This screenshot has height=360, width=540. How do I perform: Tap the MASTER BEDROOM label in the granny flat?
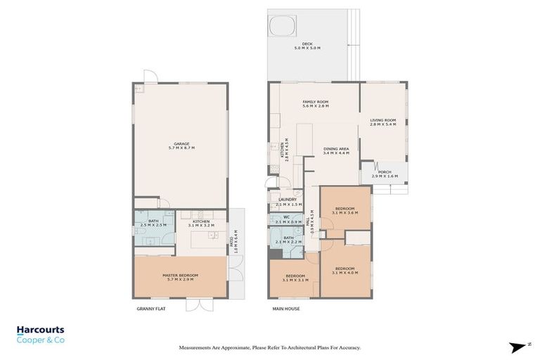[180, 277]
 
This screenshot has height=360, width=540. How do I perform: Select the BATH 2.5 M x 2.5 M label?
[152, 224]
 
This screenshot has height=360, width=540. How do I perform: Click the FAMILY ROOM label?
[316, 104]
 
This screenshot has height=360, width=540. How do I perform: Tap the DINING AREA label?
[336, 151]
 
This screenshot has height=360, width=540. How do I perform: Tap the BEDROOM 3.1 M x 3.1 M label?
[295, 277]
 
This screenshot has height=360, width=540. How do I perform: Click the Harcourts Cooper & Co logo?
[40, 334]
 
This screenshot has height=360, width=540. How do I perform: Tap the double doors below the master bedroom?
[199, 304]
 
